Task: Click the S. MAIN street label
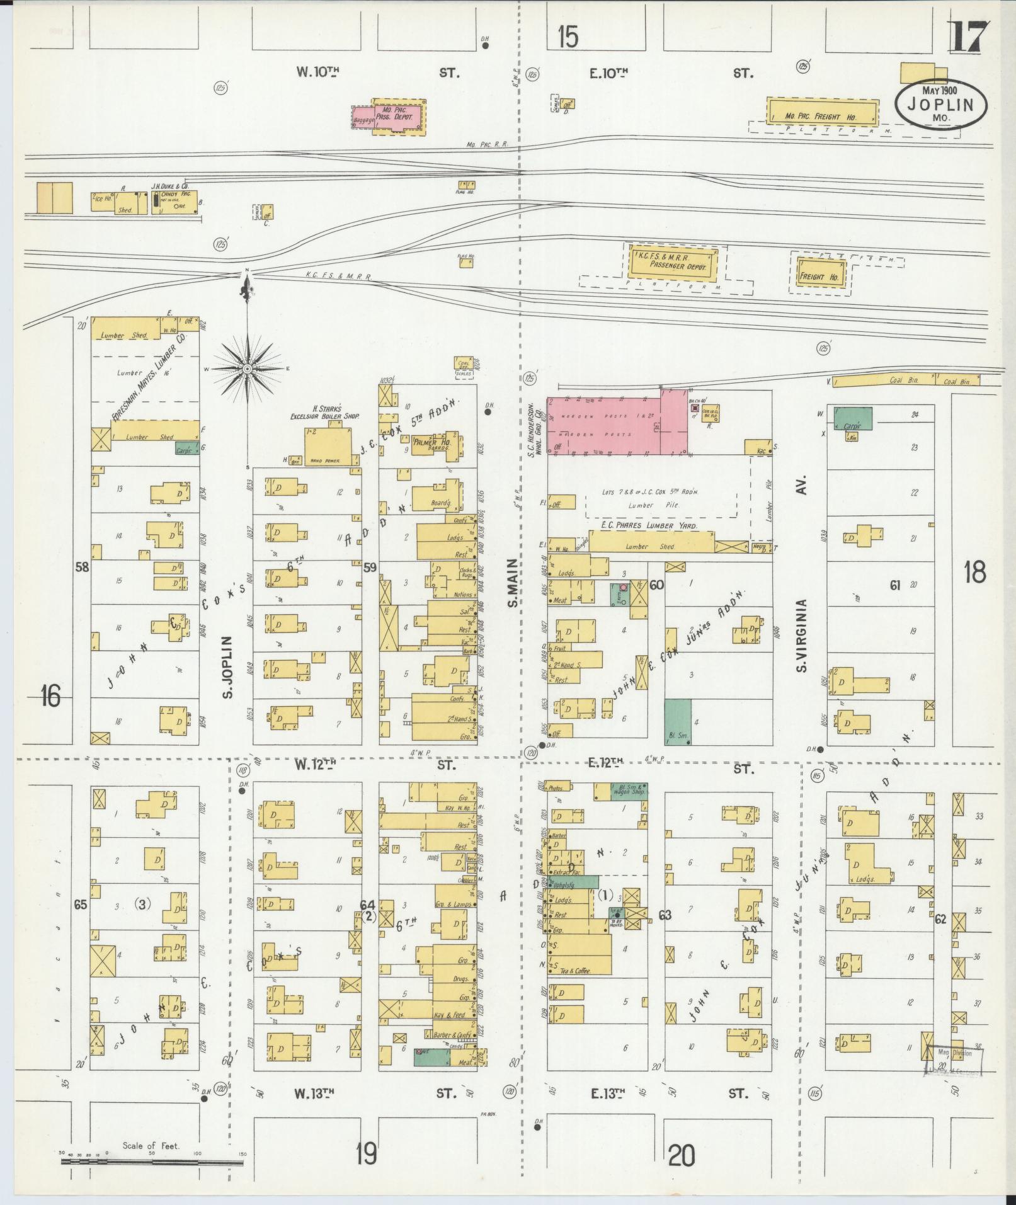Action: (513, 583)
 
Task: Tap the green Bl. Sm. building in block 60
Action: (678, 722)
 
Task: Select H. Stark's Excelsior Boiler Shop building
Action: (328, 445)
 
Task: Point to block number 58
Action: (82, 566)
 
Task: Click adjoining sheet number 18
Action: (974, 573)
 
